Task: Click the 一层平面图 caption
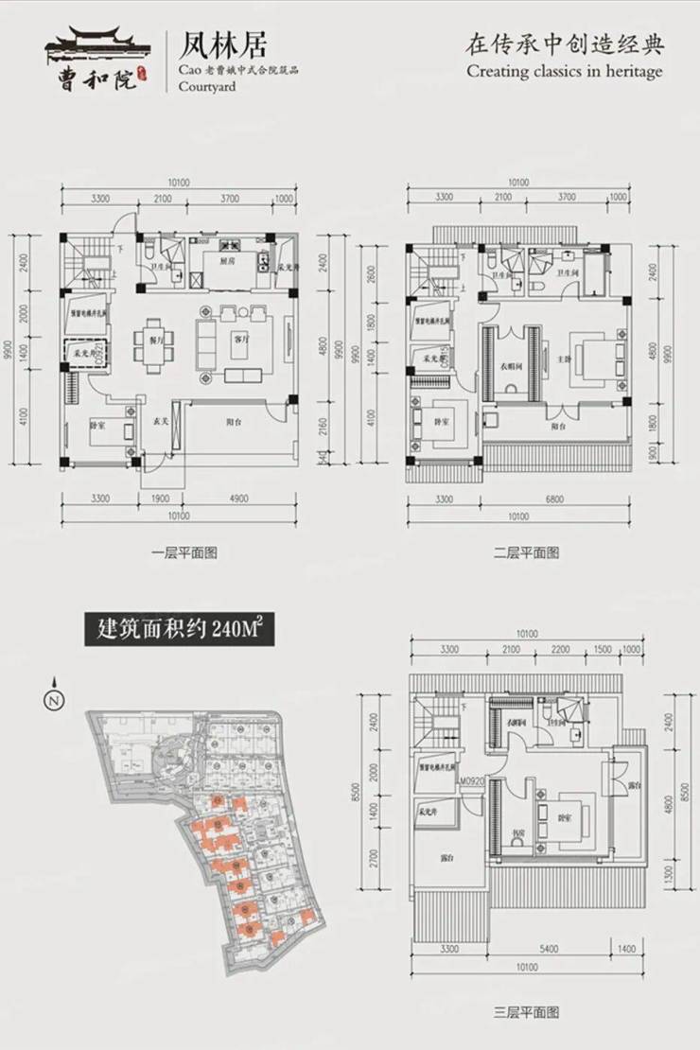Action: pyautogui.click(x=184, y=552)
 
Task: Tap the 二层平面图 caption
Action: pyautogui.click(x=526, y=552)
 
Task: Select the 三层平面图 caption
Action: pyautogui.click(x=526, y=1012)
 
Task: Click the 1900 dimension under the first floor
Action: pyautogui.click(x=159, y=498)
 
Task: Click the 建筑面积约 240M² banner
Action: pyautogui.click(x=180, y=628)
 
